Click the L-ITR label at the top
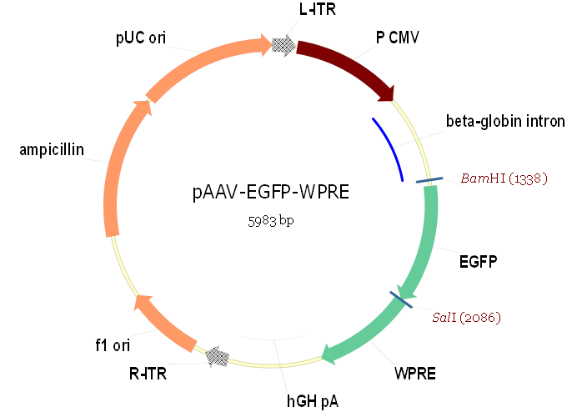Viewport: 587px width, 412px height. (x=318, y=9)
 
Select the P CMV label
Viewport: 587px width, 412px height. (x=398, y=38)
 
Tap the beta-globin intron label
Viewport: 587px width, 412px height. (x=505, y=122)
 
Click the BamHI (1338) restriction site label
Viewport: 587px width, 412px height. (x=504, y=178)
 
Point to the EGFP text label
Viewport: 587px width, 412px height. (x=478, y=261)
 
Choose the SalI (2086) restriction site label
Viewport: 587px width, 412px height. (x=466, y=318)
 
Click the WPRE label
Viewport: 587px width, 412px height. (x=415, y=374)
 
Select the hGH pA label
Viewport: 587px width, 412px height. (x=313, y=401)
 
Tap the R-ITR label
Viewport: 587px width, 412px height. (x=148, y=374)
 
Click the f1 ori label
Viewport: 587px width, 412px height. (x=113, y=345)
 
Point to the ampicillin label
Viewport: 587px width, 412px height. (x=52, y=150)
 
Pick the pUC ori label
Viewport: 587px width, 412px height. (x=141, y=38)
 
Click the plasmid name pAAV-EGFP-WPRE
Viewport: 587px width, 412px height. (x=271, y=192)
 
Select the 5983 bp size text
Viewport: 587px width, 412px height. (x=271, y=221)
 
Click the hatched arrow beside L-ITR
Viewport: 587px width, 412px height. (x=283, y=46)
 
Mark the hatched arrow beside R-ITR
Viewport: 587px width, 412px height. (x=218, y=357)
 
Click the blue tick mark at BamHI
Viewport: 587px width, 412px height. (x=429, y=180)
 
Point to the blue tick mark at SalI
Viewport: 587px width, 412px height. (x=401, y=299)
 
